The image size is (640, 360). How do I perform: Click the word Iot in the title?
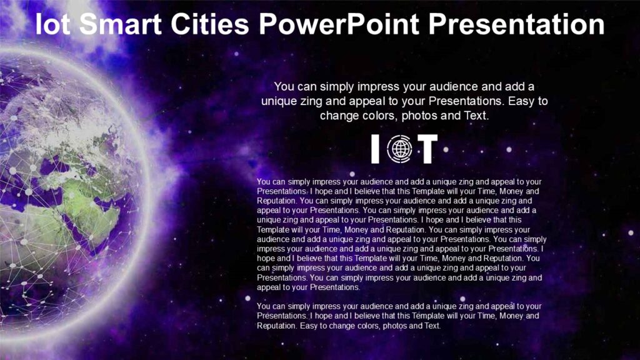coord(54,25)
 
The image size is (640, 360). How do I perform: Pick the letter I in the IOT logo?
coord(375,149)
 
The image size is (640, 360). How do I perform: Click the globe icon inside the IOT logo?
coord(399,149)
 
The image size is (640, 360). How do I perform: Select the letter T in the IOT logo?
coord(427,149)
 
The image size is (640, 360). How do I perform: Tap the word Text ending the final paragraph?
coord(432,326)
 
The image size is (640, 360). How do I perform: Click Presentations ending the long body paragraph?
coord(335,287)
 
